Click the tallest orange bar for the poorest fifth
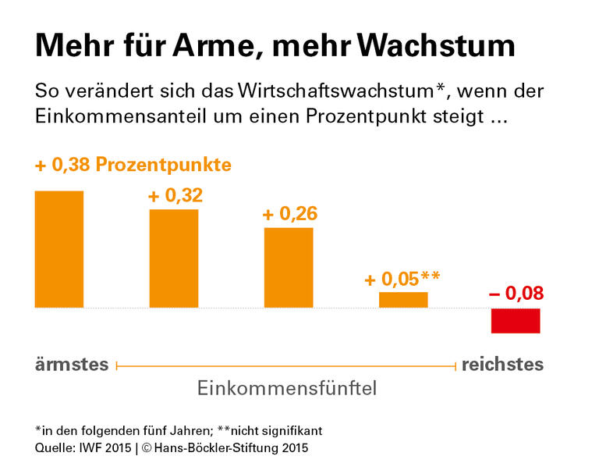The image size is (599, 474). [x=59, y=249]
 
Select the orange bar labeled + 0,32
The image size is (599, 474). [x=174, y=258]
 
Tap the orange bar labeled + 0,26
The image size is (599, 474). [x=289, y=268]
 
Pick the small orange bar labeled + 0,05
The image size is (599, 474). [x=403, y=300]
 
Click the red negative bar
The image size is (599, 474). [x=516, y=321]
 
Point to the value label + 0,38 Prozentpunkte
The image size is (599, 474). [x=133, y=166]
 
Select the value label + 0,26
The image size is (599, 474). [x=290, y=214]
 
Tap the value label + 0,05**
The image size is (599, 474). [x=402, y=278]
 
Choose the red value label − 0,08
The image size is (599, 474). [x=516, y=294]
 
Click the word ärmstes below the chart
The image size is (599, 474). [x=72, y=365]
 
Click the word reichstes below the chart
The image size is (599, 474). [x=503, y=365]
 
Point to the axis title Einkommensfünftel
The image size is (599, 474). [x=287, y=388]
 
